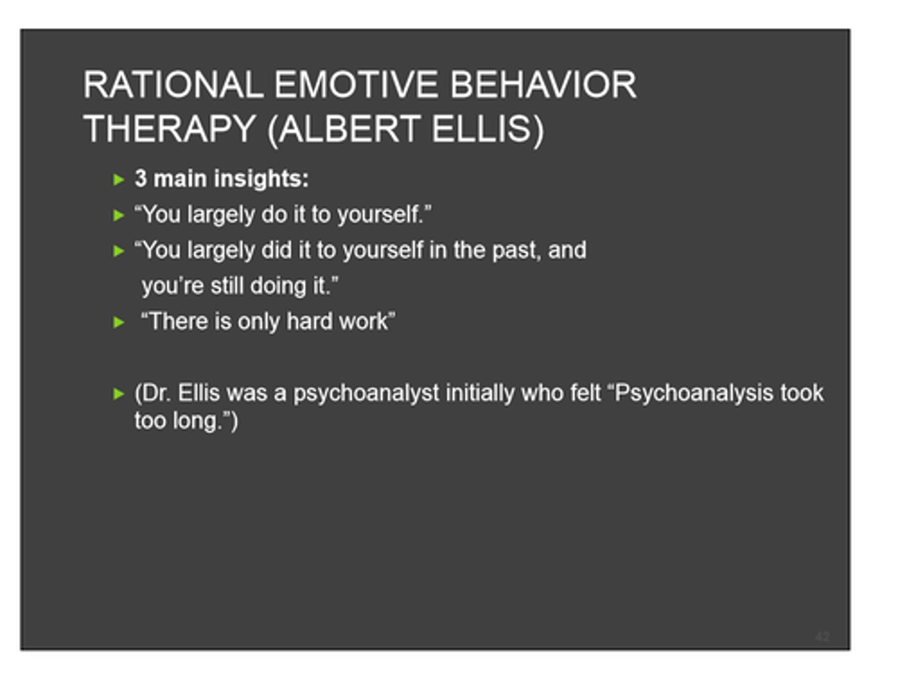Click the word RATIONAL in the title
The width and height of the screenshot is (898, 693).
click(x=173, y=85)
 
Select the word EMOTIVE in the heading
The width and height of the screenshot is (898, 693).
click(x=355, y=85)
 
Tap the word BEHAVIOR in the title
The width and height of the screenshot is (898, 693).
click(x=543, y=85)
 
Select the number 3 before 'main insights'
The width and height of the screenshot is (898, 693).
click(x=141, y=179)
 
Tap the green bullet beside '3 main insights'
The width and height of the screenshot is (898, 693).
click(x=119, y=180)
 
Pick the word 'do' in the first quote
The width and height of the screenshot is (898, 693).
click(x=274, y=215)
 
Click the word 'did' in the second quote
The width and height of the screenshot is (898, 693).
click(x=276, y=250)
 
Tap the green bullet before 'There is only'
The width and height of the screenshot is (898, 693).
click(x=119, y=322)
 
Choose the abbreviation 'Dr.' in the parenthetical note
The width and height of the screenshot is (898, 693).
click(x=156, y=393)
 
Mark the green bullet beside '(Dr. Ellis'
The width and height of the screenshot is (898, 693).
click(x=119, y=394)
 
